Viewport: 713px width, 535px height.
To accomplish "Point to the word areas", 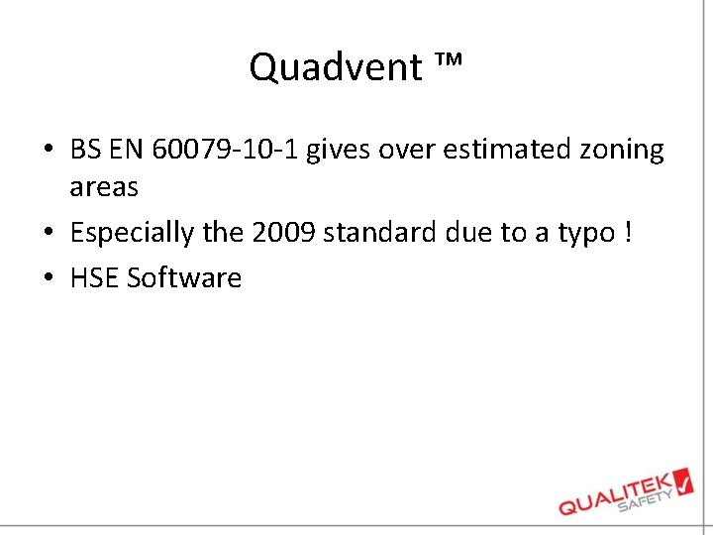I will (x=104, y=186).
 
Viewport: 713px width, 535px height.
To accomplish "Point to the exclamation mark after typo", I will (x=628, y=233).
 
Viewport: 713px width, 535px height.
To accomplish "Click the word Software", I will (x=184, y=277).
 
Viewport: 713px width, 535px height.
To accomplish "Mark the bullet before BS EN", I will (x=49, y=151).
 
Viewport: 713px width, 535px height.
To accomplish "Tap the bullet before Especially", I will (x=49, y=234).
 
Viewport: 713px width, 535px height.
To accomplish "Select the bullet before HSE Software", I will (x=49, y=278).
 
